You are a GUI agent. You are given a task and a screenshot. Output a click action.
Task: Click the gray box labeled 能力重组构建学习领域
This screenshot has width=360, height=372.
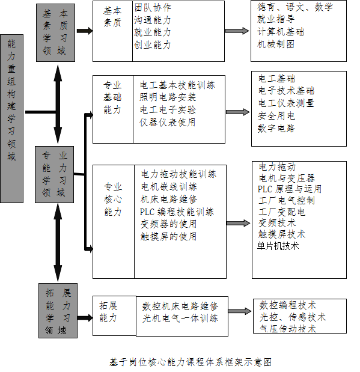click(x=11, y=118)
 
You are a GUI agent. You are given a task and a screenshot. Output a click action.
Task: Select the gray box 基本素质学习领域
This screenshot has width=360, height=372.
click(x=55, y=32)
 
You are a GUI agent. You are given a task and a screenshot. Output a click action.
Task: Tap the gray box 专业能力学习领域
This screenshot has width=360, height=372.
click(x=54, y=174)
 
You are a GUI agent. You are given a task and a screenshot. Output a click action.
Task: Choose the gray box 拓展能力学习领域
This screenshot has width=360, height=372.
click(x=58, y=311)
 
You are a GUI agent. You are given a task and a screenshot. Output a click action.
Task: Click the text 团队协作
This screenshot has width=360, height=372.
click(x=153, y=8)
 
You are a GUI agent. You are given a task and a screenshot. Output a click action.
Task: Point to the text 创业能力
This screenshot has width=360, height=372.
click(x=153, y=44)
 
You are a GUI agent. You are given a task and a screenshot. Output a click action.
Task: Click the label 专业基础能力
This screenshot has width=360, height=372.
click(x=112, y=97)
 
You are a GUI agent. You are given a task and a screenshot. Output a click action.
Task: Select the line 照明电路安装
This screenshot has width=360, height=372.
click(x=168, y=97)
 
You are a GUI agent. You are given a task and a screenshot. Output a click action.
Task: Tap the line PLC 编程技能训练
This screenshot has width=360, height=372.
click(x=177, y=212)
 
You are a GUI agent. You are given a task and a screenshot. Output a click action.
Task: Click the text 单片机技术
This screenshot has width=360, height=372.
click(x=278, y=246)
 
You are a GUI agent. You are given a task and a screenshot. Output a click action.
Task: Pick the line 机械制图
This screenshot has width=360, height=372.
click(x=276, y=44)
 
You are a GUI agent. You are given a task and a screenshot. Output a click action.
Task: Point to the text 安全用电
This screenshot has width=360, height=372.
click(x=276, y=116)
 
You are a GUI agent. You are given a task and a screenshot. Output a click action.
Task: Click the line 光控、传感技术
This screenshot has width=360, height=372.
click(x=293, y=317)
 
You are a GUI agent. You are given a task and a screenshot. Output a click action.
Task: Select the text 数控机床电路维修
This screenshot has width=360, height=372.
click(x=180, y=306)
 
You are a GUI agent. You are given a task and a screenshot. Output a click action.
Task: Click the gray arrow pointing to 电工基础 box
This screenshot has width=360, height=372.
click(x=238, y=112)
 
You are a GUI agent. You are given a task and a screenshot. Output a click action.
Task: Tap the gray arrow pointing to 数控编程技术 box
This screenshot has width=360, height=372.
click(x=240, y=311)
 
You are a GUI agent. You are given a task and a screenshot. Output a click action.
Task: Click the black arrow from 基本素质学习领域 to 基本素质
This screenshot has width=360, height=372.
click(x=85, y=31)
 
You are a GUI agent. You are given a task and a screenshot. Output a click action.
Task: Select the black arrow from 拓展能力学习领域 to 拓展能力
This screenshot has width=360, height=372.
click(x=85, y=318)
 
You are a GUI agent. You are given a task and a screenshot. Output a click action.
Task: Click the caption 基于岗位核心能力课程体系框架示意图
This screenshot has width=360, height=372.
click(x=191, y=362)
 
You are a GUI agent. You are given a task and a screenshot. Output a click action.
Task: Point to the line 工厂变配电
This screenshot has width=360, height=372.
click(x=282, y=212)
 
